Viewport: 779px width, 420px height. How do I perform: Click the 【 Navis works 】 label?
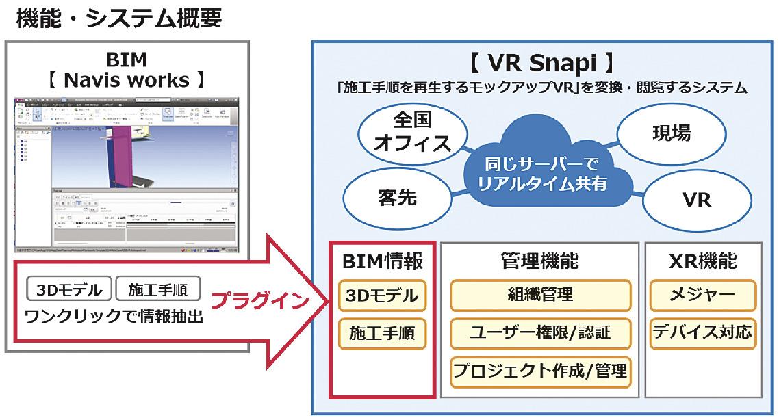(127, 81)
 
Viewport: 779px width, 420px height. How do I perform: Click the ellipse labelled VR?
(697, 200)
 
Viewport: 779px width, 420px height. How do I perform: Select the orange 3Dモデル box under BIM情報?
(382, 296)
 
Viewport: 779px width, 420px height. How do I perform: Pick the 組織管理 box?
(541, 296)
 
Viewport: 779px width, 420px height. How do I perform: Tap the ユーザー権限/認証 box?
(541, 333)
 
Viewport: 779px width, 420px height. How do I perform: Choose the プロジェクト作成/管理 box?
(541, 371)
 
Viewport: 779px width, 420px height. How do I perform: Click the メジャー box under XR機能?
(702, 296)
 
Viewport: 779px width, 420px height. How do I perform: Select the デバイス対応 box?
(702, 333)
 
